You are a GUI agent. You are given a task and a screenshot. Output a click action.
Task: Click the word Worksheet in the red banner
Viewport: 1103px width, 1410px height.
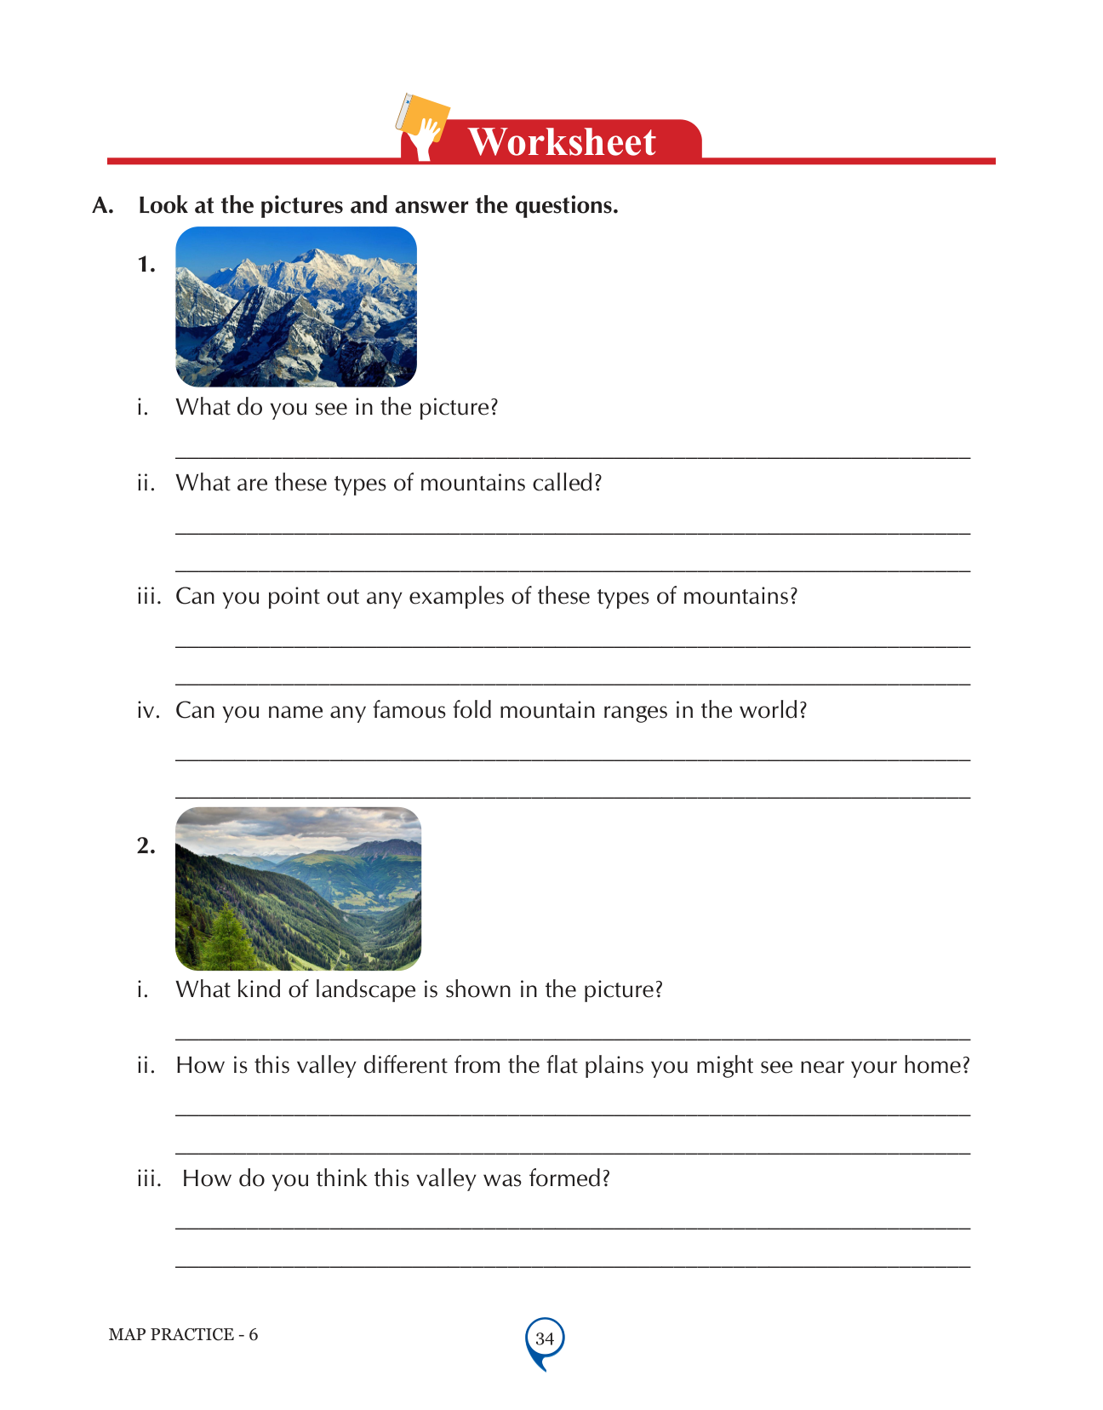point(562,141)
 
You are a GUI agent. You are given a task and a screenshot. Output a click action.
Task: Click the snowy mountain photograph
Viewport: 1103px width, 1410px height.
point(296,307)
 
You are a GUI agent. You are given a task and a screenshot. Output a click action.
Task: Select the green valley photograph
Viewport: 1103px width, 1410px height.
point(298,888)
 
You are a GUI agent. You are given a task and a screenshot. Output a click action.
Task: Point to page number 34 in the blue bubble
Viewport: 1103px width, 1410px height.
point(545,1338)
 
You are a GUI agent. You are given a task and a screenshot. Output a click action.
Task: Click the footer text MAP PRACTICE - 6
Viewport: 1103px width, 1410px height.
point(183,1334)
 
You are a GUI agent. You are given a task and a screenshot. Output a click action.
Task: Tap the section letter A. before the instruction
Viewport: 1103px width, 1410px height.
point(103,206)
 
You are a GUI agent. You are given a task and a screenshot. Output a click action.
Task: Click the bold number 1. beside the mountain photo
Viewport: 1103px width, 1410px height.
point(146,265)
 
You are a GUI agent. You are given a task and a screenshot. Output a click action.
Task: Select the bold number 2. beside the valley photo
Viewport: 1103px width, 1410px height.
point(146,845)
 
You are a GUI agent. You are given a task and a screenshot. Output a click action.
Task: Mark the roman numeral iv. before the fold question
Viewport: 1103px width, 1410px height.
point(148,710)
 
